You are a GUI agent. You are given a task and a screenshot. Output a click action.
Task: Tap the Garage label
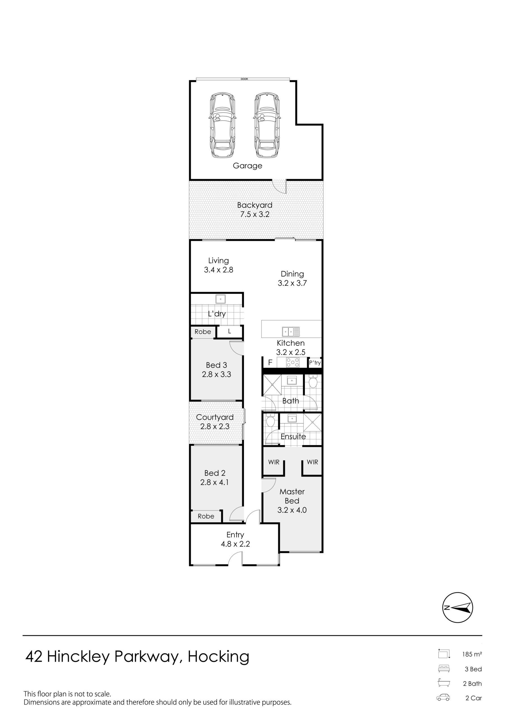(247, 166)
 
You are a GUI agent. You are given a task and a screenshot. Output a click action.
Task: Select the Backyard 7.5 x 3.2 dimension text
(255, 214)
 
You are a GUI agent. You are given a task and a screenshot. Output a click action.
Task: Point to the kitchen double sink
(291, 332)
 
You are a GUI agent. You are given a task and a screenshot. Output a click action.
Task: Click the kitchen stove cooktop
(293, 362)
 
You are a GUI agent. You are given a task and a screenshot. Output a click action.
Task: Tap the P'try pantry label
(315, 363)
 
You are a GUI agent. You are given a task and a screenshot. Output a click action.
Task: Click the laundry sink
(221, 299)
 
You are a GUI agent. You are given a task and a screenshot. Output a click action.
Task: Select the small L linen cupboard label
(229, 331)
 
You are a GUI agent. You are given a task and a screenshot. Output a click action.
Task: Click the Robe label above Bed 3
(203, 332)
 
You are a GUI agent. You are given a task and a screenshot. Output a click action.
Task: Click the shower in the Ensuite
(312, 422)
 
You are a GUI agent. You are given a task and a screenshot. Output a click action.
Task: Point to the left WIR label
(274, 462)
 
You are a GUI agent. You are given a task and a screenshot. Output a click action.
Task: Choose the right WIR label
(312, 462)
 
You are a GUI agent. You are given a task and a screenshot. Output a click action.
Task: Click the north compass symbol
(457, 608)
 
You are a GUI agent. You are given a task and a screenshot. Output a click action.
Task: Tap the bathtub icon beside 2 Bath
(444, 683)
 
